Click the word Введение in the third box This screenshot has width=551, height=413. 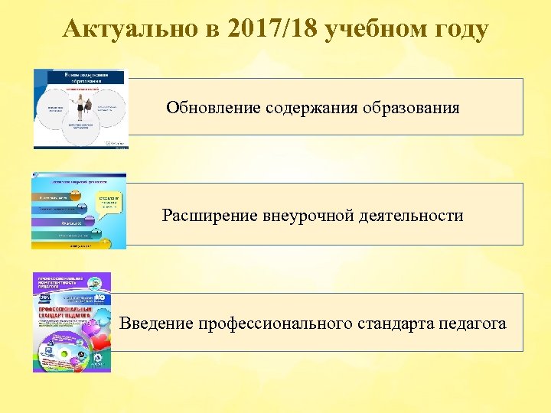pyautogui.click(x=156, y=324)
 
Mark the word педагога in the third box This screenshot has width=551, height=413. pyautogui.click(x=472, y=324)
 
